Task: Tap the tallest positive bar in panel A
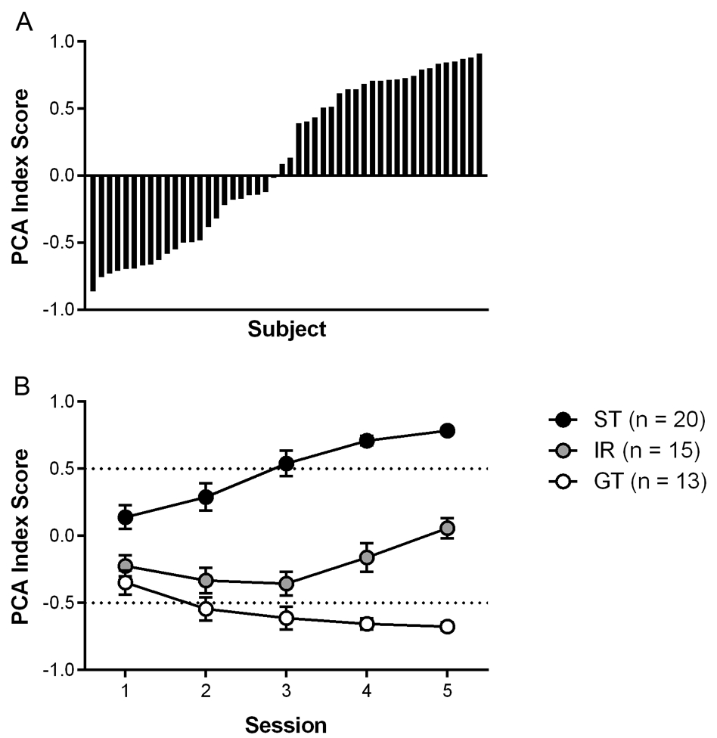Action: point(480,114)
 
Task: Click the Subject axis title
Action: point(286,330)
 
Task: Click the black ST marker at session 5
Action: point(447,430)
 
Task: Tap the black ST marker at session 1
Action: point(125,517)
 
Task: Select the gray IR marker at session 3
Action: point(286,583)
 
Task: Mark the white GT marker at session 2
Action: point(206,609)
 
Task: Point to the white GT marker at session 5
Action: point(447,626)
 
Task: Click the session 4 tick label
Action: point(367,693)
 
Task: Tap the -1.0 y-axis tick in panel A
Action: point(62,310)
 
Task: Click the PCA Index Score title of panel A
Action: point(23,175)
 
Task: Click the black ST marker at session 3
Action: point(286,464)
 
